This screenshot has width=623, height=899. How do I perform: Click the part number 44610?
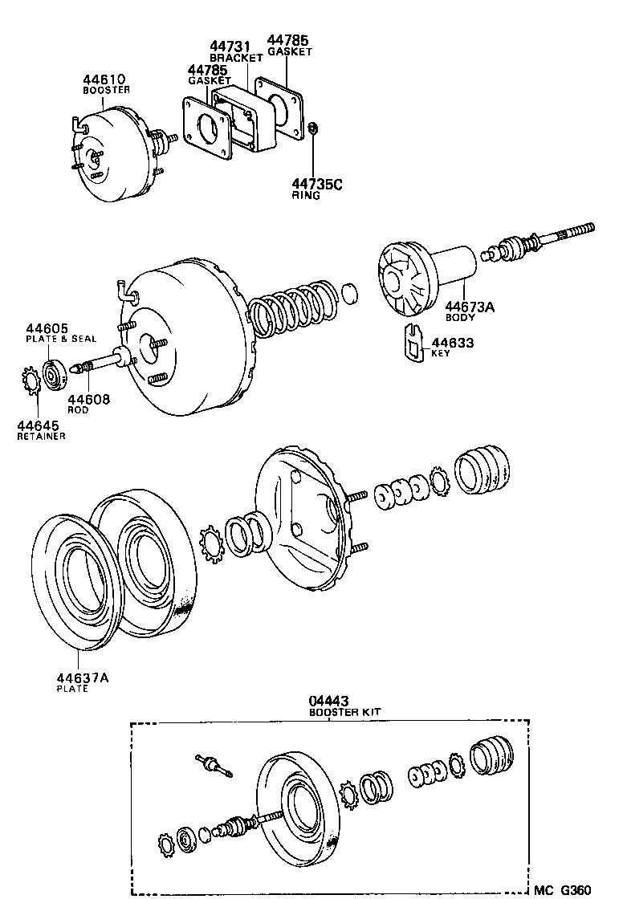coord(104,80)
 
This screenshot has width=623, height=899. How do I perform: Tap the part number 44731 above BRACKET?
coord(229,47)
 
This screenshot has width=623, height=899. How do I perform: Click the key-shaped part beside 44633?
coord(412,343)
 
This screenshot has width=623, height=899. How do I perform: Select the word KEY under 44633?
coord(441,353)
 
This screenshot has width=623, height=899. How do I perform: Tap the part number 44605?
coord(46,328)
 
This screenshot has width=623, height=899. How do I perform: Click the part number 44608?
coord(88,399)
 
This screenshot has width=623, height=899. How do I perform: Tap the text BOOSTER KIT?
coord(345,712)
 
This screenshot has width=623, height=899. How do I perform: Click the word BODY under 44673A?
coord(460,317)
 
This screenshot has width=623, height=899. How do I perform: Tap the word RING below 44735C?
coord(306,195)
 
